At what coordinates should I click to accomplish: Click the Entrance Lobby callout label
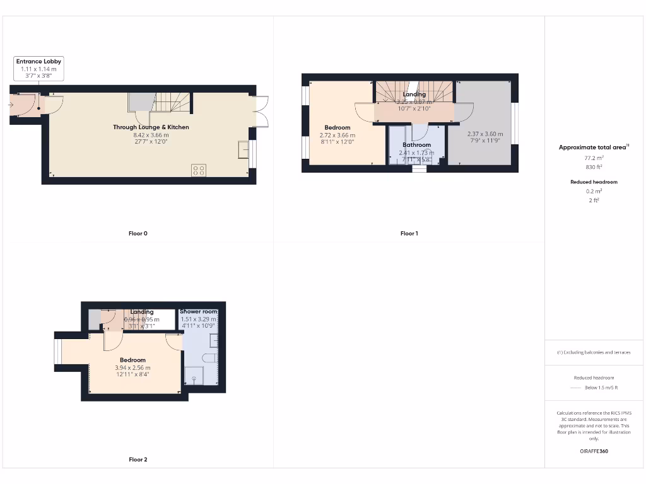tap(39, 61)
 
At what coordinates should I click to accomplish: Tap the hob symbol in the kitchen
tap(199, 170)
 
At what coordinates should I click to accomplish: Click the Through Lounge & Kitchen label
tap(151, 127)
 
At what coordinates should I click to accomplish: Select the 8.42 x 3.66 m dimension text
tap(151, 135)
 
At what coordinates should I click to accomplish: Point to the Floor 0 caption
tap(138, 234)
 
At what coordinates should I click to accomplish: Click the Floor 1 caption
tap(409, 234)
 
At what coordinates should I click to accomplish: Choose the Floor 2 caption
tap(138, 460)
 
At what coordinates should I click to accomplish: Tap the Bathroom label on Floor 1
tap(416, 145)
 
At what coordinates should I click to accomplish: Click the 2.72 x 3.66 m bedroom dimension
tap(338, 135)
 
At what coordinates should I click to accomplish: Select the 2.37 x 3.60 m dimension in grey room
tap(485, 134)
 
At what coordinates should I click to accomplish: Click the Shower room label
tap(198, 312)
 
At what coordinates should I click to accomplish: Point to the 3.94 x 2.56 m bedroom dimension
tap(133, 368)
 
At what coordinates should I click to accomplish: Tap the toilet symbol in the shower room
tap(210, 359)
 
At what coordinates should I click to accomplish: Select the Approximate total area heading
tap(592, 147)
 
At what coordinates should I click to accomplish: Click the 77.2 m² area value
tap(592, 159)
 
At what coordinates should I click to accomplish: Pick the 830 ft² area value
tap(592, 167)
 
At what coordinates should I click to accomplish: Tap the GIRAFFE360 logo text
tap(592, 451)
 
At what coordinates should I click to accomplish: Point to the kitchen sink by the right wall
tap(243, 149)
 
